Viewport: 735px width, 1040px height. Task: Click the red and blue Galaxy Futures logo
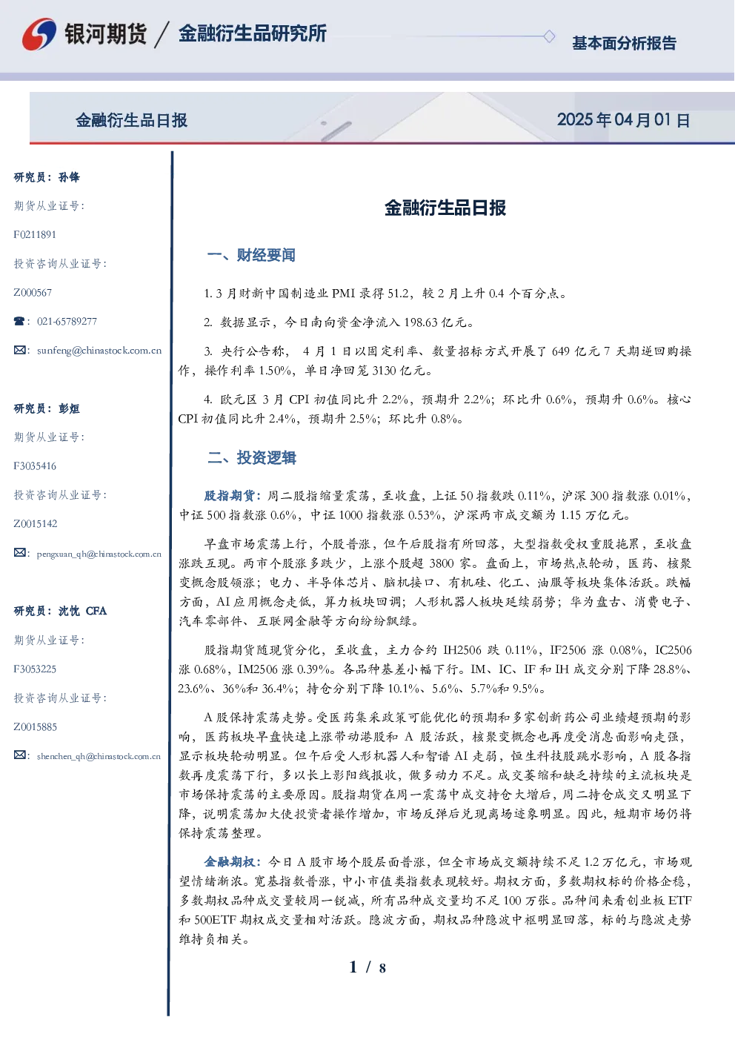click(x=39, y=33)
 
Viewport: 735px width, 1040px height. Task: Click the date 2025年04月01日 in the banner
click(x=623, y=120)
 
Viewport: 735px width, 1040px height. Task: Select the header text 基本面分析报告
click(x=624, y=43)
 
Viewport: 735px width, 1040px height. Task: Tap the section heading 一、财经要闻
click(x=251, y=255)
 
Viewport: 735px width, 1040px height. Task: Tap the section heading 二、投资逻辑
click(x=251, y=458)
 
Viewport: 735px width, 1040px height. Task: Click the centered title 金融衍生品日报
click(x=445, y=208)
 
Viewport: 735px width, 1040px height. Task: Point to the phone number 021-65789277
click(x=67, y=321)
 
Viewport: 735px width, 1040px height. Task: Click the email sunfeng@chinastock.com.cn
click(x=99, y=351)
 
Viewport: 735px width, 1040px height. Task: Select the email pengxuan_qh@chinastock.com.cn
click(x=99, y=554)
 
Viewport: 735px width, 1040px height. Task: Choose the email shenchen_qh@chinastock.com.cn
click(x=99, y=756)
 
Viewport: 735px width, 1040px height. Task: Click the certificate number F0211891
click(x=35, y=234)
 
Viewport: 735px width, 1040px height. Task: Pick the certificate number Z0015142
click(x=36, y=524)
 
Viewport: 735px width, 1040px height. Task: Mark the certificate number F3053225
click(x=35, y=669)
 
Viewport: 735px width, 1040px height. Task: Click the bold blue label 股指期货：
click(x=233, y=496)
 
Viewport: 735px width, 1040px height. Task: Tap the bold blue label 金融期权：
click(x=233, y=862)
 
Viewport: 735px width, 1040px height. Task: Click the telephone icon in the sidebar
click(x=19, y=321)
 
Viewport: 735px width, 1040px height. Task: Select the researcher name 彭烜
click(x=69, y=408)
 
